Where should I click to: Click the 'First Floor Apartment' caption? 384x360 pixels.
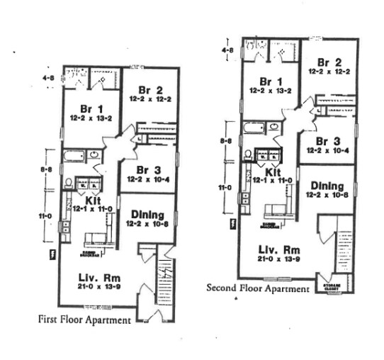pos(84,320)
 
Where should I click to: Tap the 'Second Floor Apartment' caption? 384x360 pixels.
pos(258,288)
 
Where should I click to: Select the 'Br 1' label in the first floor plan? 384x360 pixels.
pos(86,108)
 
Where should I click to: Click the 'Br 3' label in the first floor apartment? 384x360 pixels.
pos(149,170)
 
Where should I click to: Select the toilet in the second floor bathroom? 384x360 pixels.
pos(249,154)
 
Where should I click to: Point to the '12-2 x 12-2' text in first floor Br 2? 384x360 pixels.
pos(149,99)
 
